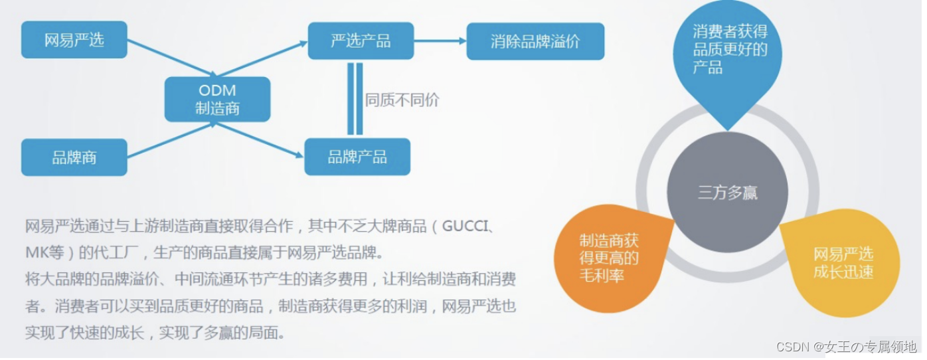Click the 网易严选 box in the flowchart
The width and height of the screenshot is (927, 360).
74,40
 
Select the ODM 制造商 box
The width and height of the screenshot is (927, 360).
217,100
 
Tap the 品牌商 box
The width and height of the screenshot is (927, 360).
74,157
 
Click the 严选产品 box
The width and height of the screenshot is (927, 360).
361,41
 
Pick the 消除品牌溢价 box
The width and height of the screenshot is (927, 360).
535,41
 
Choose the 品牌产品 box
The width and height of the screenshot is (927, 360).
357,157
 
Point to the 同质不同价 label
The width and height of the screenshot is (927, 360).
402,100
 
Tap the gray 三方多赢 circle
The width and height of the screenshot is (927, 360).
727,193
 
